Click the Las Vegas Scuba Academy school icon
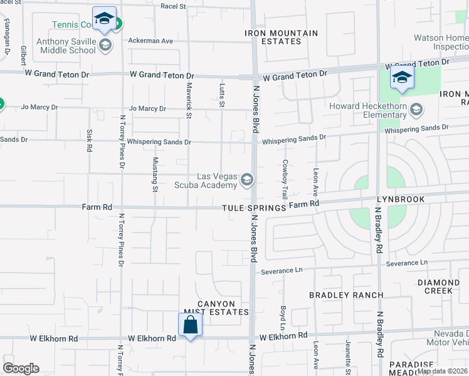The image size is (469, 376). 247,180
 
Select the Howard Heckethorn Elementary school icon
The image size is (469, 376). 415,111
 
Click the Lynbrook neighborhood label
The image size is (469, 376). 401,199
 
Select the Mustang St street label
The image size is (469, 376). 154,174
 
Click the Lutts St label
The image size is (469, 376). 221,96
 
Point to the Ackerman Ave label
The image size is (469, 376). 150,41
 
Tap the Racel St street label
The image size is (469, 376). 174,6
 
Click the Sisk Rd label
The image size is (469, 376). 90,141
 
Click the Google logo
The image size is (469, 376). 21,368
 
